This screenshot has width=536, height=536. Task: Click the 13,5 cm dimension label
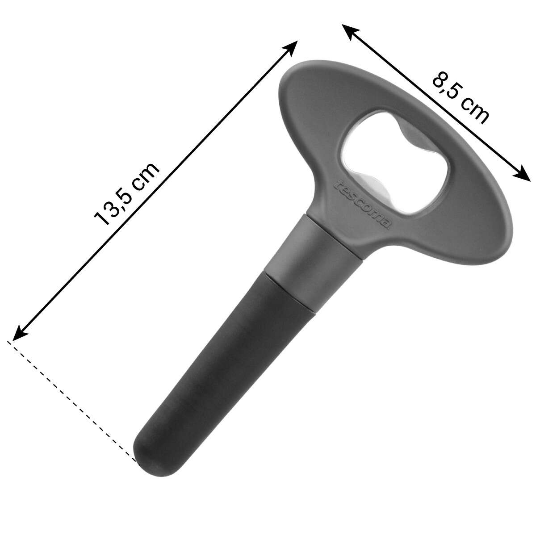tap(127, 194)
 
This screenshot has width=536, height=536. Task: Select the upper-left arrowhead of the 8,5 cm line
tap(350, 31)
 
